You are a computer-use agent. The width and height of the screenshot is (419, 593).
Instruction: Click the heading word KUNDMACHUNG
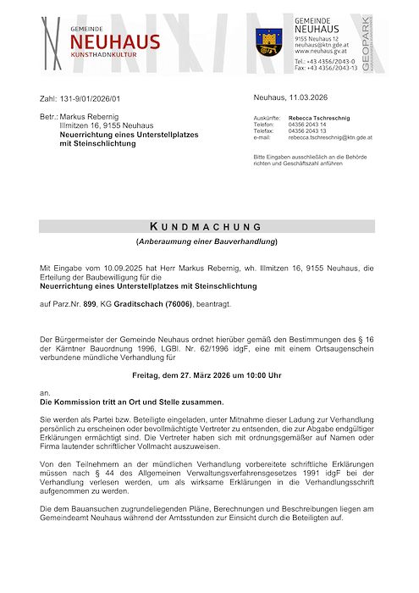click(x=206, y=227)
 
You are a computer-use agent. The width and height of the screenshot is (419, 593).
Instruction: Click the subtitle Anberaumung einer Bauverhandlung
click(x=207, y=242)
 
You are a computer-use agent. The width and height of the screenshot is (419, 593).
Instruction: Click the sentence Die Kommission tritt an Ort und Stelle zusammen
click(x=133, y=402)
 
